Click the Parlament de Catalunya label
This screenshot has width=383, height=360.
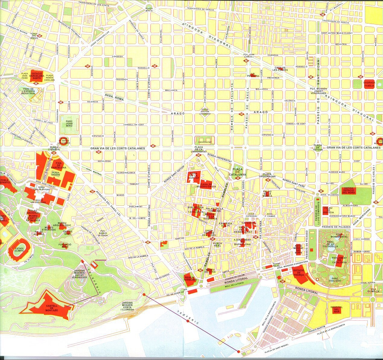tap(339, 260)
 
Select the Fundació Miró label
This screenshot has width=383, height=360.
tap(65, 245)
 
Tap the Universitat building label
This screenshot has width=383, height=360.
tap(204, 141)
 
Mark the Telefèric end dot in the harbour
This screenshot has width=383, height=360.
tap(238, 351)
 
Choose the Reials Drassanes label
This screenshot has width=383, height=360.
tap(191, 278)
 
